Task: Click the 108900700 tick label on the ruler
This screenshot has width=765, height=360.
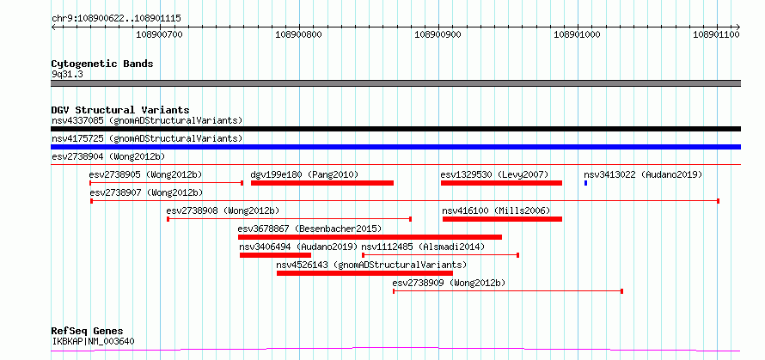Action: coord(159,34)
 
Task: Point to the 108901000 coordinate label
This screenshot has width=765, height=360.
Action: coord(578,34)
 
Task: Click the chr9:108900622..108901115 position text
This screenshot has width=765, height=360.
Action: coord(117,19)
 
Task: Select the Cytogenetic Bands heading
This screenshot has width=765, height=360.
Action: coord(102,64)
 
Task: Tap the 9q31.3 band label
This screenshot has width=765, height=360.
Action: coord(67,75)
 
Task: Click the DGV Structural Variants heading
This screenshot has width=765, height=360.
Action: coord(120,110)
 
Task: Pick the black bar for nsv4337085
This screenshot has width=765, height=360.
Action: coord(395,129)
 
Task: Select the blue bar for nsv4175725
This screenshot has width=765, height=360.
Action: coord(395,147)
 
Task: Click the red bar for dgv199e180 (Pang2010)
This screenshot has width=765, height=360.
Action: coord(322,183)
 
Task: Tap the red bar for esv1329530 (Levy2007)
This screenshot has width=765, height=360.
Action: coord(501,183)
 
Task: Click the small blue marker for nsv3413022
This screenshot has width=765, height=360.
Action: coord(585,183)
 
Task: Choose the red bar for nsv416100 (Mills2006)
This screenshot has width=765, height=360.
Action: coord(502,219)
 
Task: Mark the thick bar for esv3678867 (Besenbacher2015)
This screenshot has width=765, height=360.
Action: coord(370,237)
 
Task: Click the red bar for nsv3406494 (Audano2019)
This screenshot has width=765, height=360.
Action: coord(275,255)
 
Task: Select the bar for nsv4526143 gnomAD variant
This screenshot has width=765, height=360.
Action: coord(364,273)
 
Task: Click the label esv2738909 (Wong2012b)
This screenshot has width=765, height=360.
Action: coord(449,283)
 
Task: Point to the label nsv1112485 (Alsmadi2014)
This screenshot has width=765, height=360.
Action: coord(423,247)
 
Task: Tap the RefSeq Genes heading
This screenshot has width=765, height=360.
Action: coord(88,332)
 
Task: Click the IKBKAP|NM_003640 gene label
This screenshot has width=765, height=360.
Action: coord(93,341)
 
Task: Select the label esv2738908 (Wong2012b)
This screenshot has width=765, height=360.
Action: coord(223,211)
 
